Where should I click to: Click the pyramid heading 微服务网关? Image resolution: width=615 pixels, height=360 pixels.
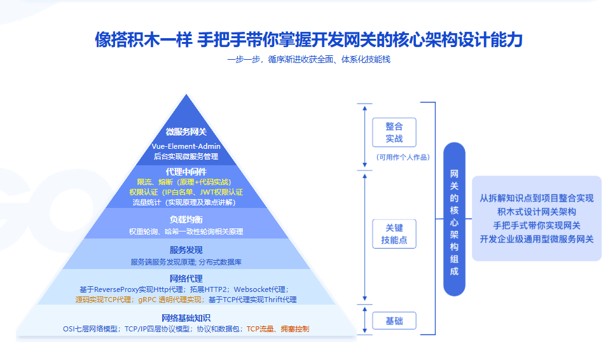pyautogui.click(x=186, y=132)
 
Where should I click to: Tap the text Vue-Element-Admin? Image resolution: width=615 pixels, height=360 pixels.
pyautogui.click(x=186, y=146)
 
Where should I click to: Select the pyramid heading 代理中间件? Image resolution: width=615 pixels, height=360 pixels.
pyautogui.click(x=186, y=171)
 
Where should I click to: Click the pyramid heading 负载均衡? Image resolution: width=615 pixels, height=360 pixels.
pyautogui.click(x=186, y=219)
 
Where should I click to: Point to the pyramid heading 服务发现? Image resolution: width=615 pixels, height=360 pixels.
pyautogui.click(x=186, y=249)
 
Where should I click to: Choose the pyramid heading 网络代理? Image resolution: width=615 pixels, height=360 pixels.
pyautogui.click(x=186, y=278)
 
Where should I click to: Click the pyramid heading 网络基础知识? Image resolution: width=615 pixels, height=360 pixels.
pyautogui.click(x=186, y=317)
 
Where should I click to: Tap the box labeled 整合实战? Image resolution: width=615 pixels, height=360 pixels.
pyautogui.click(x=394, y=132)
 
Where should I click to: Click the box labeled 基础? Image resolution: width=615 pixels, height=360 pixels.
pyautogui.click(x=394, y=321)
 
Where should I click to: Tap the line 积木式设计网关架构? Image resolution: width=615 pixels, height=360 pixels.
pyautogui.click(x=536, y=212)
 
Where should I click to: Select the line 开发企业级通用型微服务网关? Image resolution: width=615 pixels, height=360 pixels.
pyautogui.click(x=536, y=239)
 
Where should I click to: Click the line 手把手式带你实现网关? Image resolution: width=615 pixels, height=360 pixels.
pyautogui.click(x=536, y=225)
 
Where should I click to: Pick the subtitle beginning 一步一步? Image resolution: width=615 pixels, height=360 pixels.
pyautogui.click(x=308, y=60)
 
